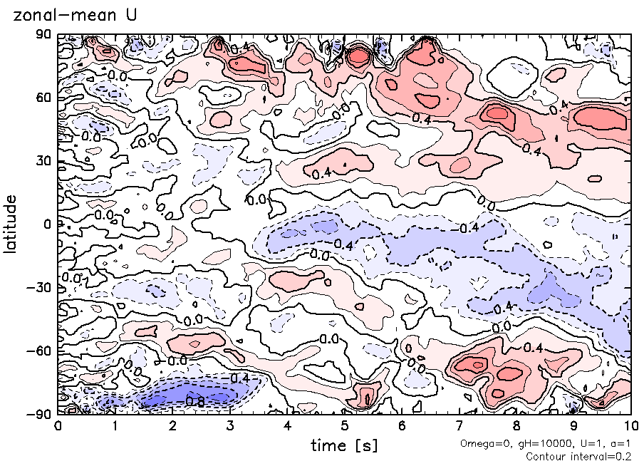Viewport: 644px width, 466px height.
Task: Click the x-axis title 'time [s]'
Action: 344,446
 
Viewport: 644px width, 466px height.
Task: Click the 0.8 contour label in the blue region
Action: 194,402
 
